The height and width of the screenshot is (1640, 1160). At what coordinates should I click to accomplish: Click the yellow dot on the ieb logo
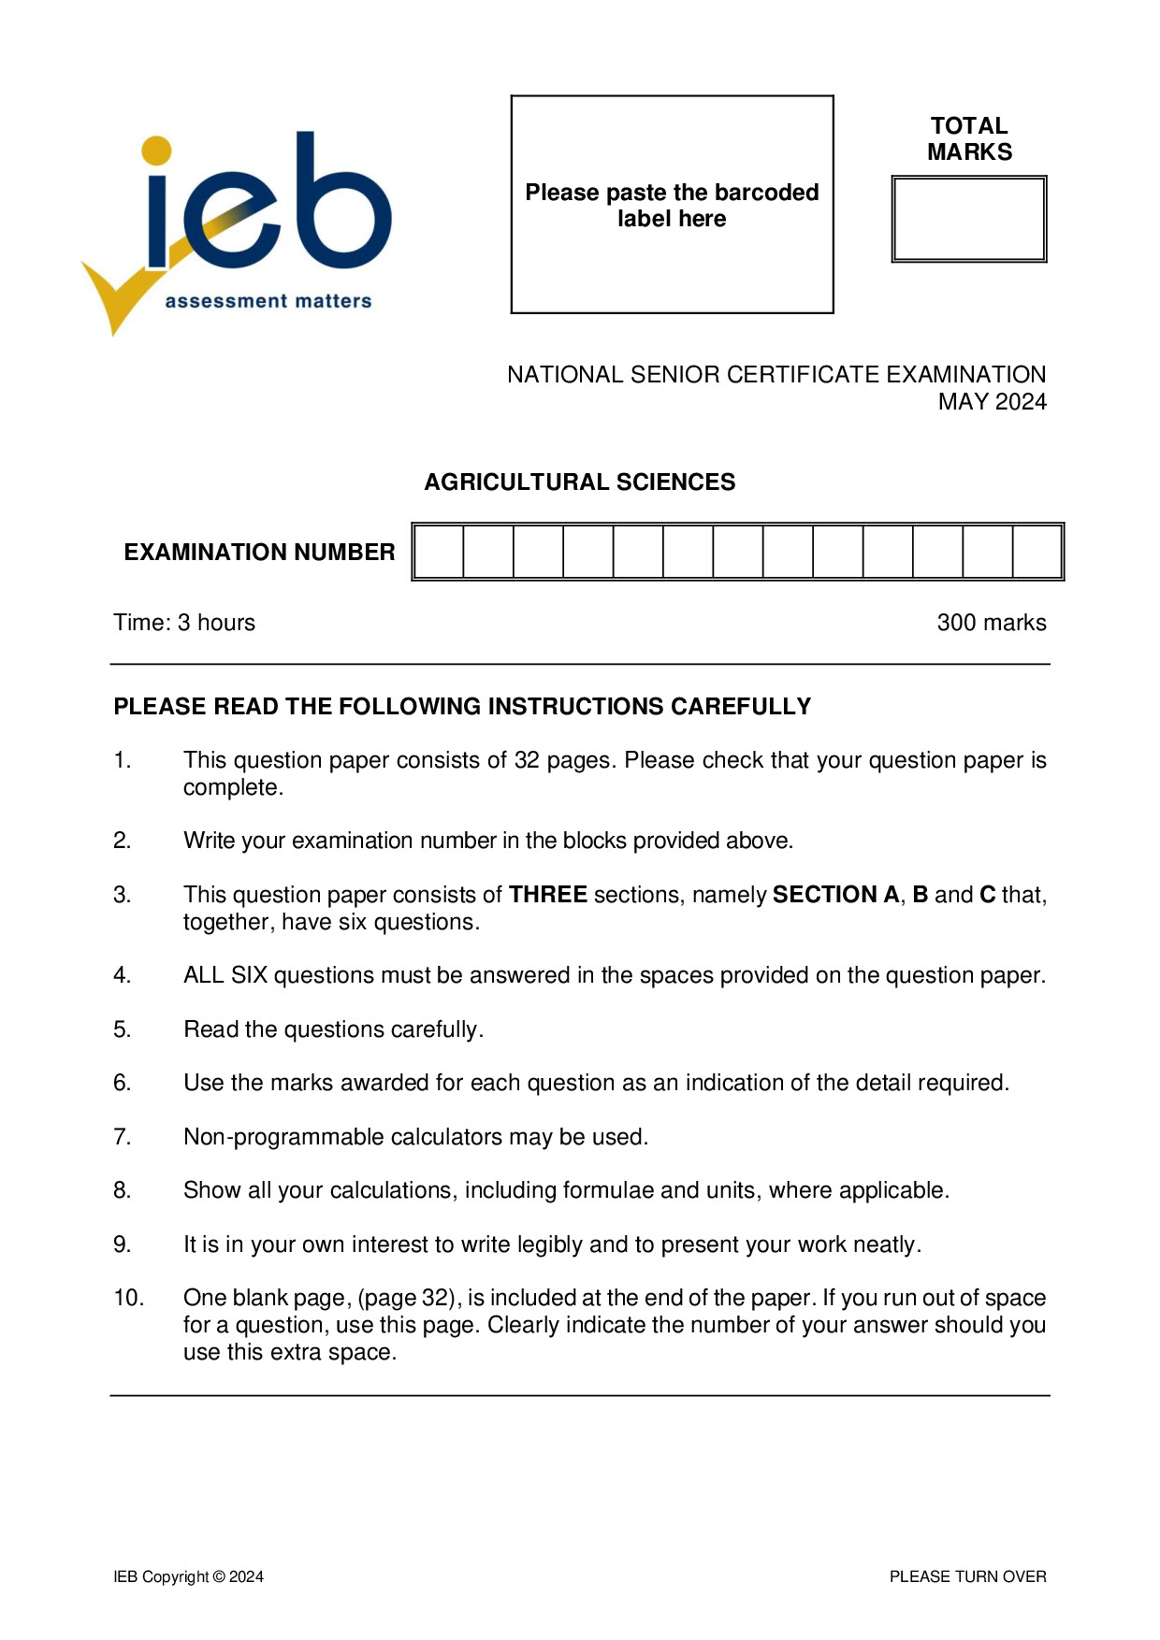pyautogui.click(x=156, y=150)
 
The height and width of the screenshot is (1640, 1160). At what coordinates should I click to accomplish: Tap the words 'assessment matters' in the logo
pyautogui.click(x=268, y=301)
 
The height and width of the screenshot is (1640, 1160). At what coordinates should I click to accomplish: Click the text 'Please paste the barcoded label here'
pyautogui.click(x=671, y=205)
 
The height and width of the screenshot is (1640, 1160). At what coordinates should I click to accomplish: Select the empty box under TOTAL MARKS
pyautogui.click(x=968, y=219)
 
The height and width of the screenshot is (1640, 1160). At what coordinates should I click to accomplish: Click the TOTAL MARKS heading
pyautogui.click(x=969, y=138)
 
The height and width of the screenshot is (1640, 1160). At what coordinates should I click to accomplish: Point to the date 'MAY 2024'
pyautogui.click(x=992, y=402)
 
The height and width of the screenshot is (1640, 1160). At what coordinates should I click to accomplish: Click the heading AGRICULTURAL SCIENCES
pyautogui.click(x=579, y=482)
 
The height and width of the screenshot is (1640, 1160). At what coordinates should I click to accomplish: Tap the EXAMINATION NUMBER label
pyautogui.click(x=259, y=552)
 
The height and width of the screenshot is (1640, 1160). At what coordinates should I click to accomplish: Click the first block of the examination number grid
pyautogui.click(x=439, y=552)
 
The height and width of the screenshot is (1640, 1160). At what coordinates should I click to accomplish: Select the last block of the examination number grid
pyautogui.click(x=1037, y=552)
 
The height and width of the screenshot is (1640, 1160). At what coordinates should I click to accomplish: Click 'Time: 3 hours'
pyautogui.click(x=184, y=623)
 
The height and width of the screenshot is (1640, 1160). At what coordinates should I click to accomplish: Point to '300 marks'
pyautogui.click(x=991, y=623)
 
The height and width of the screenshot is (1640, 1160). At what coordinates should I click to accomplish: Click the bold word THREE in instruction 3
pyautogui.click(x=547, y=895)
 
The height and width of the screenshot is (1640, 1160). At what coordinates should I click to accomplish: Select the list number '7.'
pyautogui.click(x=123, y=1137)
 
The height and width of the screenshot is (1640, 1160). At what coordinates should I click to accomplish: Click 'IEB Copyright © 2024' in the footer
pyautogui.click(x=188, y=1576)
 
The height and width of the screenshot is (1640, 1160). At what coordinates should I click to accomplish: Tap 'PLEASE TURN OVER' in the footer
pyautogui.click(x=967, y=1576)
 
